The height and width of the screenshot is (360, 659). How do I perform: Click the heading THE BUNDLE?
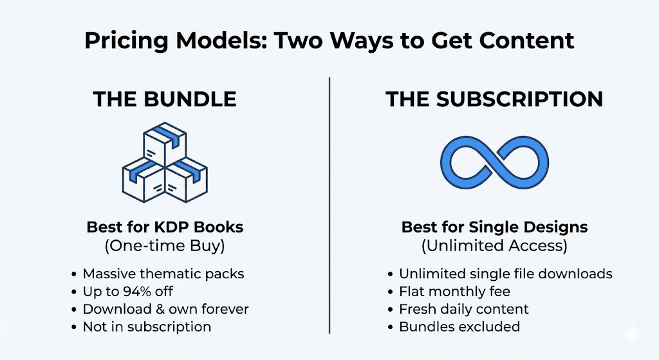tap(165, 99)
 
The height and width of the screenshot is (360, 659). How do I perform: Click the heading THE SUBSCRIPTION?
tap(494, 99)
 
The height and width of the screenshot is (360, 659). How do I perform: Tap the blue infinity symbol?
tap(494, 162)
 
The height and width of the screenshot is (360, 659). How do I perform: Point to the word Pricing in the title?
tap(126, 41)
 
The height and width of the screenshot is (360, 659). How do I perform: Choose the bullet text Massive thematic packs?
tap(163, 274)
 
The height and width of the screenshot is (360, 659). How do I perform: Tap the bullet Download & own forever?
tap(165, 309)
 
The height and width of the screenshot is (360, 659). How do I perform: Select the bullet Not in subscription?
tap(147, 327)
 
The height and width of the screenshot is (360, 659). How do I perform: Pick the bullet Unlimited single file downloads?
tap(506, 274)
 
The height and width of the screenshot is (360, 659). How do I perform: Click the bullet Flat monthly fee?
tap(454, 292)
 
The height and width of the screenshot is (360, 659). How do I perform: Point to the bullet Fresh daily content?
tap(463, 309)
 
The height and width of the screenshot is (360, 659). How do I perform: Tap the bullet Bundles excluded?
tap(459, 327)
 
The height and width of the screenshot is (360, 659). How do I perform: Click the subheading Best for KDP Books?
tap(165, 227)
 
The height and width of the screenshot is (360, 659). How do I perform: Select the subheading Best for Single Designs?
tap(494, 227)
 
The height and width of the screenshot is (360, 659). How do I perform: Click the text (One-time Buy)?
tap(165, 245)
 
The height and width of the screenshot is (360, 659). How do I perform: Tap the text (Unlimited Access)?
tap(494, 245)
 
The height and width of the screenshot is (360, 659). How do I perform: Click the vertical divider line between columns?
tap(329, 205)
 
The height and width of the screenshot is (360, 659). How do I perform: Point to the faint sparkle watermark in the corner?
tap(632, 334)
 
